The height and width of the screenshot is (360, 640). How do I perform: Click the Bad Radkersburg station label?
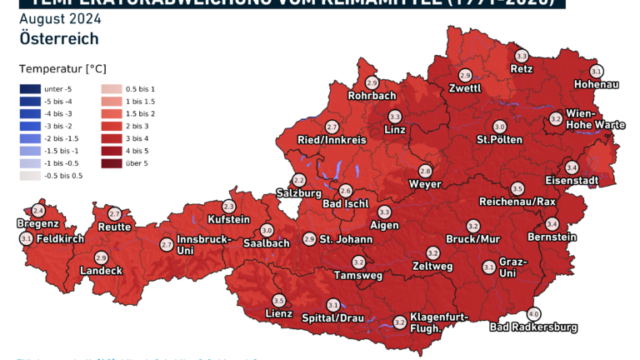533,327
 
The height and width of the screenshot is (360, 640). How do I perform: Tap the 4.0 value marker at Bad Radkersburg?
534,314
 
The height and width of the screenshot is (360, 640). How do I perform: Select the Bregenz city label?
37,223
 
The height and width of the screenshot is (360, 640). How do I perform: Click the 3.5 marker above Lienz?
279,301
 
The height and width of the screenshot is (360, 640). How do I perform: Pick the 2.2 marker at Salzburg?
299,180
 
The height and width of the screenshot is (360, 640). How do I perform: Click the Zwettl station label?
464,87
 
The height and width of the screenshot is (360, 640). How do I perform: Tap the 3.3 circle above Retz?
522,56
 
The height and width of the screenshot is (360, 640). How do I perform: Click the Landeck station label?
101,270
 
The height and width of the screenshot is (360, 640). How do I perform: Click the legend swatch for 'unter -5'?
30,88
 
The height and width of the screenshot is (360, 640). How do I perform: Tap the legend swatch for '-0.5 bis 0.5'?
30,176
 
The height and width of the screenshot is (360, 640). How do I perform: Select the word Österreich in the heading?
58,38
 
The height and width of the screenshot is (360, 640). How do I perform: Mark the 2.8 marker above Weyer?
426,170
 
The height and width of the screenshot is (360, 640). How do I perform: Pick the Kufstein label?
228,219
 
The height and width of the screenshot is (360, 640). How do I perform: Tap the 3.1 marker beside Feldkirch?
26,239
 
